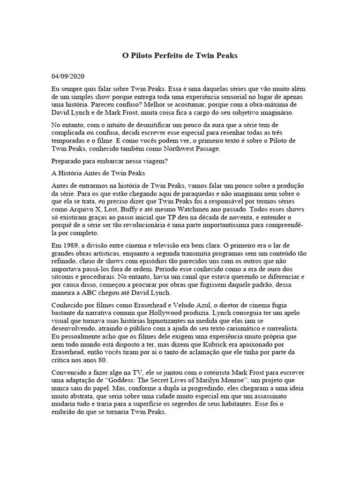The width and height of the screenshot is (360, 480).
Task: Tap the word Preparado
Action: pos(66,161)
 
